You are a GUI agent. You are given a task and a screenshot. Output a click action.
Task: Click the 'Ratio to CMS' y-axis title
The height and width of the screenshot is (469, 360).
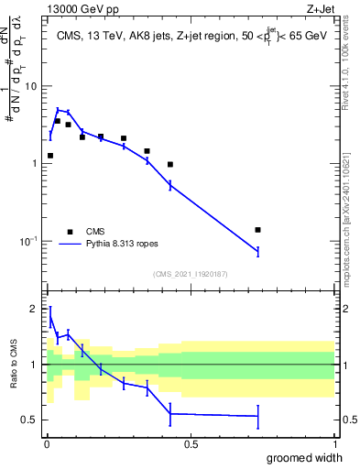point(14,365)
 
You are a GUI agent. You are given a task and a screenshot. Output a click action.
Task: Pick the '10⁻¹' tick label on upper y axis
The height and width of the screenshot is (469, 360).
point(28,240)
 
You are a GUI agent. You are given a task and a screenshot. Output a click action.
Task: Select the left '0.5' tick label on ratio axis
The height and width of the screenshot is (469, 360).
point(28,420)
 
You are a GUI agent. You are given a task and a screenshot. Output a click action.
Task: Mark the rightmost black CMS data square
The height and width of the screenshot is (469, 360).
point(257,230)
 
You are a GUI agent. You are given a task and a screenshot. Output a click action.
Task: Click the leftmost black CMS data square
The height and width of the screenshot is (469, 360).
point(50,156)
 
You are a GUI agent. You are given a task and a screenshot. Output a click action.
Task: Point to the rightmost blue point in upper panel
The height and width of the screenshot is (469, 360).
point(257,251)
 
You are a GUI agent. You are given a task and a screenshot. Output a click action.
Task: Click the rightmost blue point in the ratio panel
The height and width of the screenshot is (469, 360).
point(257,416)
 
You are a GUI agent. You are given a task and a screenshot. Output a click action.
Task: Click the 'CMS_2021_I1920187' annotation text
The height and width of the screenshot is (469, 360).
point(190,274)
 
